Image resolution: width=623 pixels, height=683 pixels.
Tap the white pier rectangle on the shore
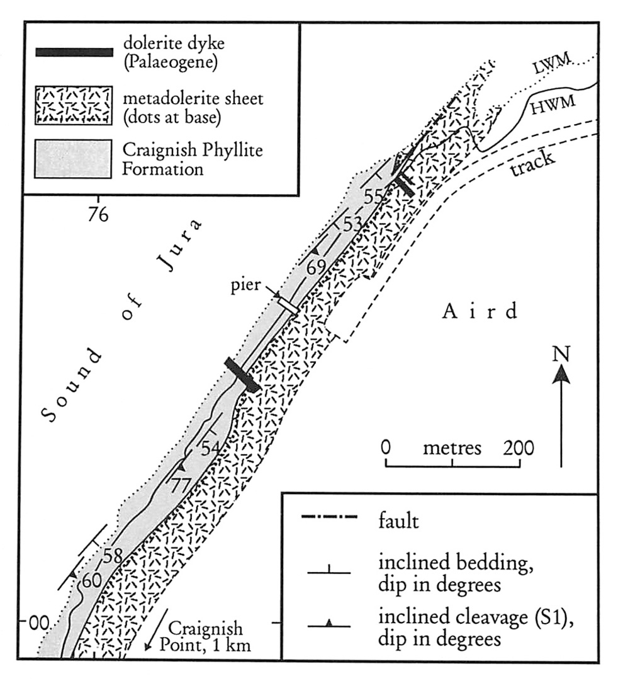coord(288,305)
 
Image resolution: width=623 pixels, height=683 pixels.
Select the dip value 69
coord(317,267)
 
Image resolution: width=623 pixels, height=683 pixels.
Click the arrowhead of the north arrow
coord(561,376)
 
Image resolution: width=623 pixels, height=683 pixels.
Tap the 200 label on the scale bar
coord(519,448)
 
